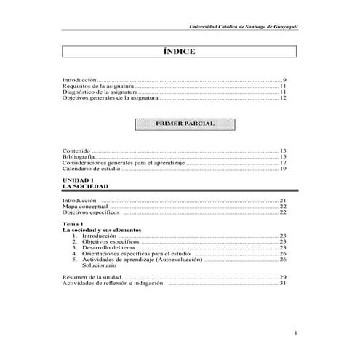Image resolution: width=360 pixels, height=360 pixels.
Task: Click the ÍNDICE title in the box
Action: [180, 52]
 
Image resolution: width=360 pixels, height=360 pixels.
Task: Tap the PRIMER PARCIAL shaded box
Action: [180, 124]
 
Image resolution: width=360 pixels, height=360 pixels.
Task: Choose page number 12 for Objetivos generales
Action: [284, 98]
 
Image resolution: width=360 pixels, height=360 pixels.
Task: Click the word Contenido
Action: [76, 150]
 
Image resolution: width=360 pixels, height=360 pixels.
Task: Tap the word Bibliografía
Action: [79, 156]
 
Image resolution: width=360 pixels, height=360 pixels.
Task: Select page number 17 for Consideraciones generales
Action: [284, 163]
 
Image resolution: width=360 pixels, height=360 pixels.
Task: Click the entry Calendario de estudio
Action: [92, 169]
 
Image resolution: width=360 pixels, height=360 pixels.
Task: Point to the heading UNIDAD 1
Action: [79, 180]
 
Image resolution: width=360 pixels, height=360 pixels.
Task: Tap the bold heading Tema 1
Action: [73, 225]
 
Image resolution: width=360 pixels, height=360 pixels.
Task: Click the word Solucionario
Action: [98, 265]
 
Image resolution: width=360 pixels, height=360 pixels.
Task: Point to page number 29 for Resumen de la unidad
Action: [284, 277]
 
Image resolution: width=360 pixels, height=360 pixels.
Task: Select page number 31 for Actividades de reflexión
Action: [284, 284]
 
